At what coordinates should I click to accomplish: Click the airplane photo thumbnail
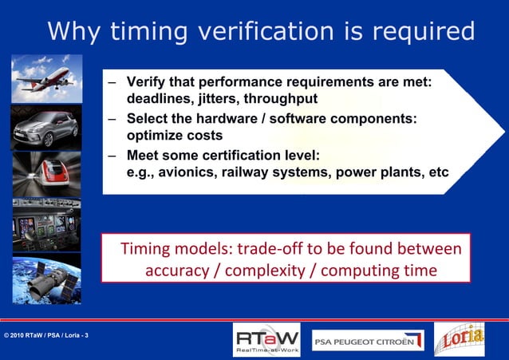pos(46,77)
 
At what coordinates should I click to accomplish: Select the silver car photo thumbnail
pos(46,127)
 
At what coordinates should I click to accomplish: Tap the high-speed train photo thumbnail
pos(46,175)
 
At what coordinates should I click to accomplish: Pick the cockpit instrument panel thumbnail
pos(46,226)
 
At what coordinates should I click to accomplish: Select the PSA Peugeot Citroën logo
pos(367,339)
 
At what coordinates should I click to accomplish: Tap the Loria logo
pos(459,338)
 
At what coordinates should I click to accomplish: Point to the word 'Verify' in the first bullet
pos(145,82)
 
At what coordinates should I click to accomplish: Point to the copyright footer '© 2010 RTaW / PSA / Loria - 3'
pos(46,334)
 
